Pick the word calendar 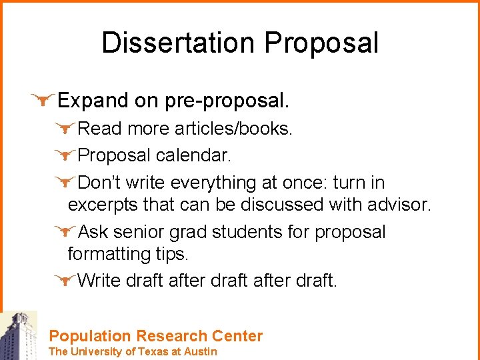click(x=193, y=156)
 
